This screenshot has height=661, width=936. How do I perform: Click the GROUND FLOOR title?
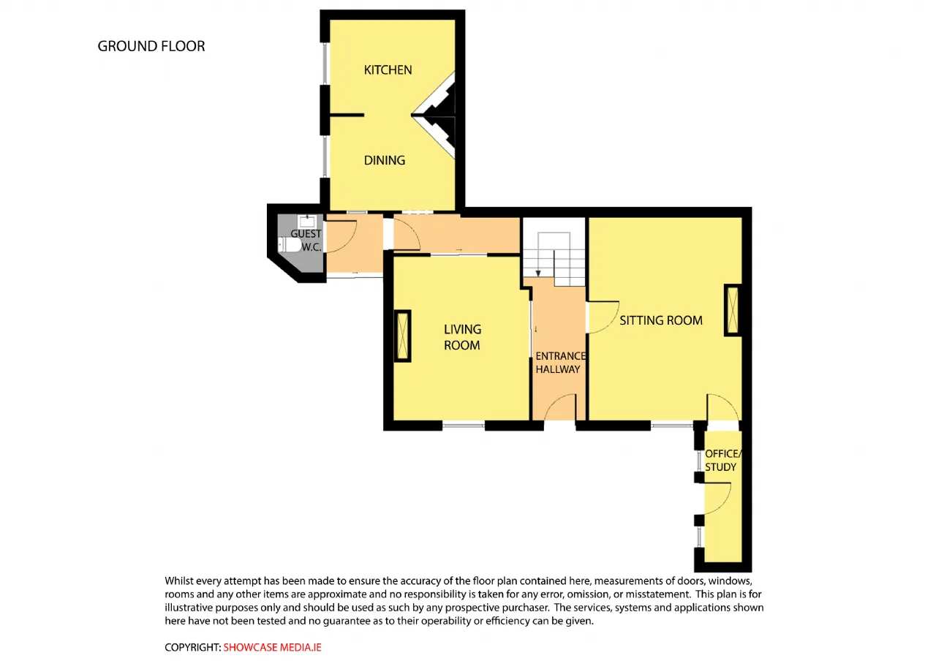coord(151,46)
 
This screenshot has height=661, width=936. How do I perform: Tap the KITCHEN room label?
coord(388,69)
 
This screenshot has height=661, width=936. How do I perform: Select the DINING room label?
coord(385,160)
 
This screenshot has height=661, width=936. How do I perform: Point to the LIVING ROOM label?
coord(462,337)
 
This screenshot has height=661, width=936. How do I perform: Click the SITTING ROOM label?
coord(660,320)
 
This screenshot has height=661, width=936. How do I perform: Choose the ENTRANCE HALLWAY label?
coord(560,363)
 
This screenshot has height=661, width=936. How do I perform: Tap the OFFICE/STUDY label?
coord(723,461)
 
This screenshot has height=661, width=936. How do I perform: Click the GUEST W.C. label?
coord(306,241)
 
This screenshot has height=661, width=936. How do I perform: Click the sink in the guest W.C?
coord(308,221)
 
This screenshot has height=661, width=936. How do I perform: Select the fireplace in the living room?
coord(402,336)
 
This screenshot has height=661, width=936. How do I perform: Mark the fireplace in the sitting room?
coord(733,310)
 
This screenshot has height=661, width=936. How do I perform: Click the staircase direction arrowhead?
coord(538,273)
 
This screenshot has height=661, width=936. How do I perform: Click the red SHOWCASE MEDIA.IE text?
coord(273,647)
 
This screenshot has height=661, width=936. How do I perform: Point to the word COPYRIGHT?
coord(192,647)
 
